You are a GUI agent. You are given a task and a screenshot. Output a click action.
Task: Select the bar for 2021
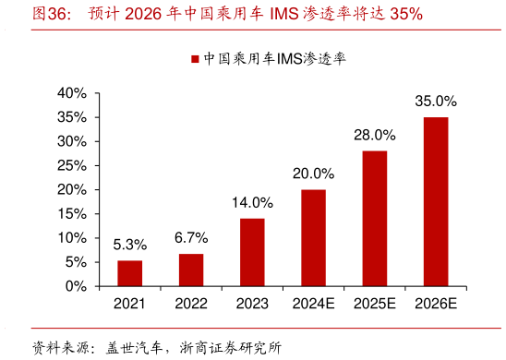pos(129,273)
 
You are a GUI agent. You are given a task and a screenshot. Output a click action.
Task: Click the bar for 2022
pos(191,270)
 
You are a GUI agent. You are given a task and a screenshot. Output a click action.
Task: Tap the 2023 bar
pos(252,252)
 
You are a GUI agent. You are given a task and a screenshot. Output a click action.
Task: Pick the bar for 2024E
pos(313,237)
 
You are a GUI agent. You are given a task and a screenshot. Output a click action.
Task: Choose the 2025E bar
pos(374,218)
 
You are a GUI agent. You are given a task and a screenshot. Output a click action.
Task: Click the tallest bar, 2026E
pos(436,201)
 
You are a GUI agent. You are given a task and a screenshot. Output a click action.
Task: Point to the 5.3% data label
pos(130,246)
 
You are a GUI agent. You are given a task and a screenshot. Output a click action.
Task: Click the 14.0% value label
pos(252,203)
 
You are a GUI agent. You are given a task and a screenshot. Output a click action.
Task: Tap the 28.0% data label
pos(374,135)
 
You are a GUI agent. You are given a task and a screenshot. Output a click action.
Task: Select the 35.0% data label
pos(436,101)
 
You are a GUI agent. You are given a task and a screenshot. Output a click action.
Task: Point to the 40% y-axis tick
pos(71,93)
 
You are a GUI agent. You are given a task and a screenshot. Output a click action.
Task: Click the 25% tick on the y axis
pos(71,166)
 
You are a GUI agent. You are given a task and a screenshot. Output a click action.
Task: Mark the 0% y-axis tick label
pos(75,286)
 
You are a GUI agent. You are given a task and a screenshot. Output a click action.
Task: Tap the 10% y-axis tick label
pos(71,238)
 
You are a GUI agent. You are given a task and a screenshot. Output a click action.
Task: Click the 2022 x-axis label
pos(191,304)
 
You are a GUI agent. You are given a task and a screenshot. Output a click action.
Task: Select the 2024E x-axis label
pos(313,304)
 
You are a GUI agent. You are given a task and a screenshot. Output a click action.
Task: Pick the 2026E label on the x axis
pos(436,304)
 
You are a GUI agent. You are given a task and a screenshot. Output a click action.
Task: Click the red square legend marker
pos(195,59)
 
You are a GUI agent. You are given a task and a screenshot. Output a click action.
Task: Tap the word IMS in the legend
pos(276,59)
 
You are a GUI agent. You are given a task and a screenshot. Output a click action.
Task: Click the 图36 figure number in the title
pos(49,14)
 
